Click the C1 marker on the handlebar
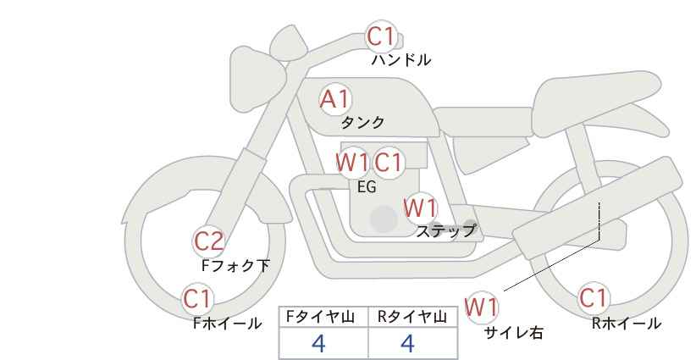pos(381,36)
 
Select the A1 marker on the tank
pos(334,99)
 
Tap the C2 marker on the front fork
pos(208,242)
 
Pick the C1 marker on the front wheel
pos(197,299)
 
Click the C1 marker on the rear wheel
pos(593,298)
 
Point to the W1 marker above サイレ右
pos(481,307)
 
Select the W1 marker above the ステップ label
pos(420,208)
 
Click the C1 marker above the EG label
pos(388,163)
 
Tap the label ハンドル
pos(400,60)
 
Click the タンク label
pos(362,122)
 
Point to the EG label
pos(367,187)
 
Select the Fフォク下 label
pos(235,265)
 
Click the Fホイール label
pos(227,324)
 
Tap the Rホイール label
pos(626,324)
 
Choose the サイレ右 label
pos(514,333)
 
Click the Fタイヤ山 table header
pos(320,317)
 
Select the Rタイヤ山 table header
pos(412,317)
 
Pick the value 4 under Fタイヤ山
pos(318,343)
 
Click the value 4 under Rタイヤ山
pos(407,343)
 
